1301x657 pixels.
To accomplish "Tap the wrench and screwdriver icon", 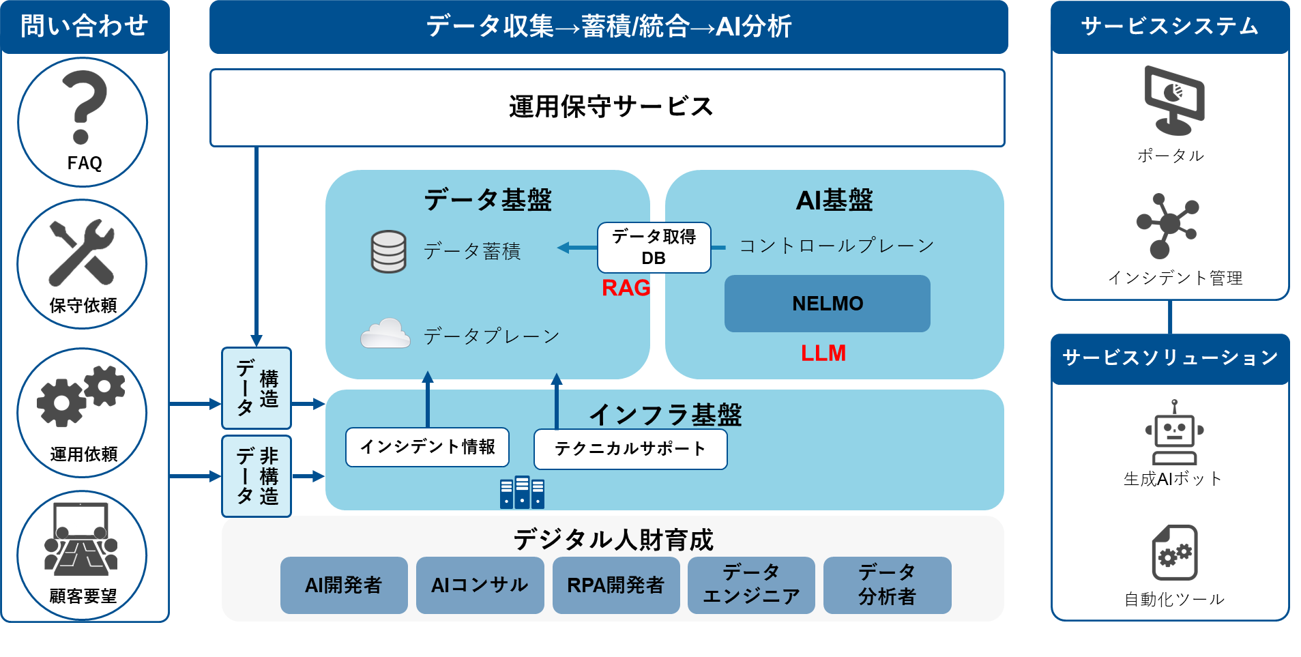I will coord(82,252).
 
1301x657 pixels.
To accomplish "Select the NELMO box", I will coord(827,304).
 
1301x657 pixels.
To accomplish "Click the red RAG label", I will coord(625,288).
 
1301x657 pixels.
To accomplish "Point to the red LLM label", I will coord(823,353).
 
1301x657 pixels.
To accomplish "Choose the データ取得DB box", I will coord(654,248).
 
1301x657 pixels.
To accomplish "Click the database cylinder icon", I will coord(388,252).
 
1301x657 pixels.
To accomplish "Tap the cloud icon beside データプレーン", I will coord(385,334).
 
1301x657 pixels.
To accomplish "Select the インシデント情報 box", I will coord(427,447).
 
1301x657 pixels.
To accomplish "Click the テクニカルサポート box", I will coord(630,449).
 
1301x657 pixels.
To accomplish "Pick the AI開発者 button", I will coord(343,585).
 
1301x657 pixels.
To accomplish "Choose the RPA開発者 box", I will coord(615,585).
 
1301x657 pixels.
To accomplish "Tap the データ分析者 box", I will coord(887,585).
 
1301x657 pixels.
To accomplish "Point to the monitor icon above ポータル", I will coord(1173,100).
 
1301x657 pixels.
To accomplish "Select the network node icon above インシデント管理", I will coord(1168,225).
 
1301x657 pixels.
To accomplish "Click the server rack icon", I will coord(522,493).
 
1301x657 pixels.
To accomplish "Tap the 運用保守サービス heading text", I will coord(611,107).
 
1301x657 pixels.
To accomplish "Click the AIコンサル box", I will coord(480,585).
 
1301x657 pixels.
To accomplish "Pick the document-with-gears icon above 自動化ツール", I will coord(1175,553).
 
